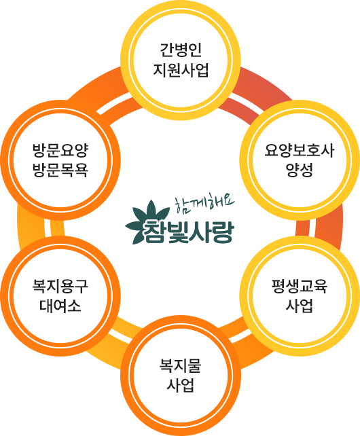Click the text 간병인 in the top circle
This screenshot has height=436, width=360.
181,50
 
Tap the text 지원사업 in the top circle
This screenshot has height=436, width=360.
181,70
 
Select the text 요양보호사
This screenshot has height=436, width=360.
300,151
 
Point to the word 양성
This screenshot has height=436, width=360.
300,170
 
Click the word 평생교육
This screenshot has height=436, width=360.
300,286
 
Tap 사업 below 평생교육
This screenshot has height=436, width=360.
300,306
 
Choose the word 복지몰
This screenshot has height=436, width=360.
180,365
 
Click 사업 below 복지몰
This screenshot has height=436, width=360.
180,385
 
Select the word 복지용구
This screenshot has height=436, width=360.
60,286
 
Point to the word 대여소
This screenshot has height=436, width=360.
60,306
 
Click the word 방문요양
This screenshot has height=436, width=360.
60,151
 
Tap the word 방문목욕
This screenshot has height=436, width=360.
60,170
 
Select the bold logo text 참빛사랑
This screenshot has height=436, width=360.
188,232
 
